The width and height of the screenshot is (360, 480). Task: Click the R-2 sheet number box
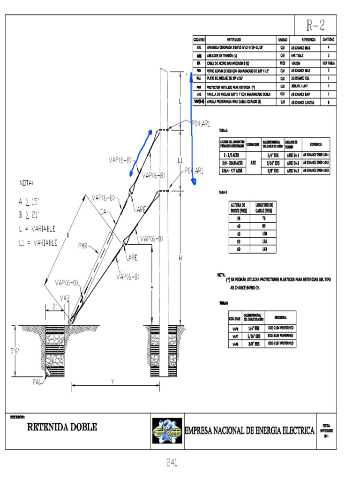[315, 25]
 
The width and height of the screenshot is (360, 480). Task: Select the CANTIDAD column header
[328, 40]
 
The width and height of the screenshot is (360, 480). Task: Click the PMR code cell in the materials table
[199, 86]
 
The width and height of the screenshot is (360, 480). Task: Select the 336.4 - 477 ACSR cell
[232, 171]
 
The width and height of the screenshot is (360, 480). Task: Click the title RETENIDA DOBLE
[62, 427]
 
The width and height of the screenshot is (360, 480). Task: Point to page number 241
[172, 463]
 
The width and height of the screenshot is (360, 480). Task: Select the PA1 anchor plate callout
[38, 382]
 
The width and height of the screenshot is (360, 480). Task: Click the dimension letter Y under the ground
[113, 382]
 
